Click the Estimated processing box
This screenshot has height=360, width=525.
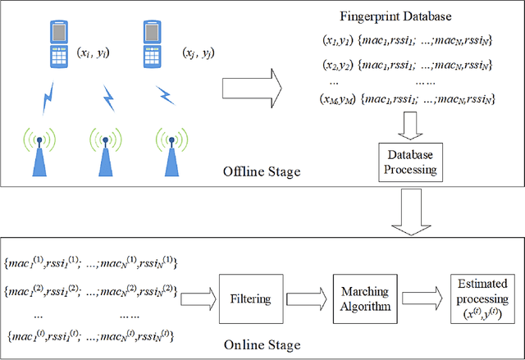[480, 296]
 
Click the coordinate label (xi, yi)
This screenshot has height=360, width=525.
[95, 52]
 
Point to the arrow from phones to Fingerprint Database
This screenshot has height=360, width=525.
[253, 82]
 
